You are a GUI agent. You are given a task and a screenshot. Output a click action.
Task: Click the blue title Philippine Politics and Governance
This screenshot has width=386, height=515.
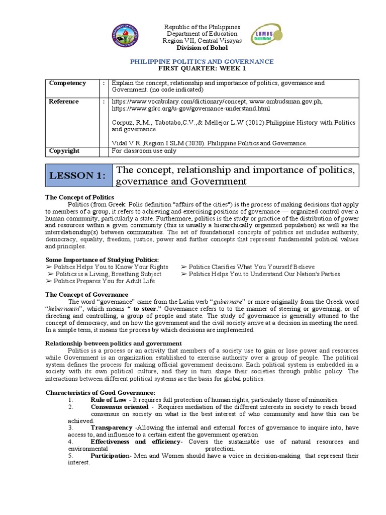202,61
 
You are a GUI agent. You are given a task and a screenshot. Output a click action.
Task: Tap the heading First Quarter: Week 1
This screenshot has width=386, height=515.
202,68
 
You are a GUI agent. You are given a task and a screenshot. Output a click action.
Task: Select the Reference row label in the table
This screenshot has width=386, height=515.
63,102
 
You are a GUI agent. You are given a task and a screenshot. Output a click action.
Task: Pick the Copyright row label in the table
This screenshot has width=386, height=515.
64,151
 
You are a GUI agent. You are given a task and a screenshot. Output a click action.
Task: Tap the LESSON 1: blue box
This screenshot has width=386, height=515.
78,176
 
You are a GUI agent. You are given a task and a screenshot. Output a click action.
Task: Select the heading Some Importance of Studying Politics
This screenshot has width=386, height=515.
94,260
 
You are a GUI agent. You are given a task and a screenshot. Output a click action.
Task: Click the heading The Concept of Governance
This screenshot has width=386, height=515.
86,295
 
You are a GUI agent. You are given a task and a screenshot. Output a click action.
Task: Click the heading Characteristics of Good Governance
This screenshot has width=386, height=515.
101,392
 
